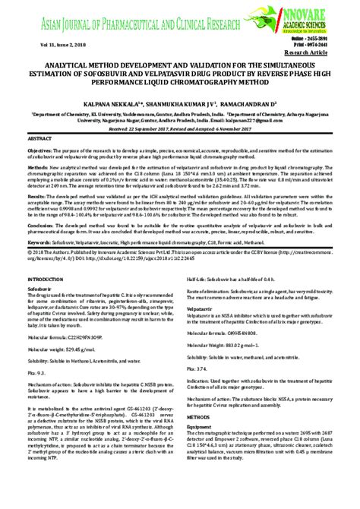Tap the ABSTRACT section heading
39,141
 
